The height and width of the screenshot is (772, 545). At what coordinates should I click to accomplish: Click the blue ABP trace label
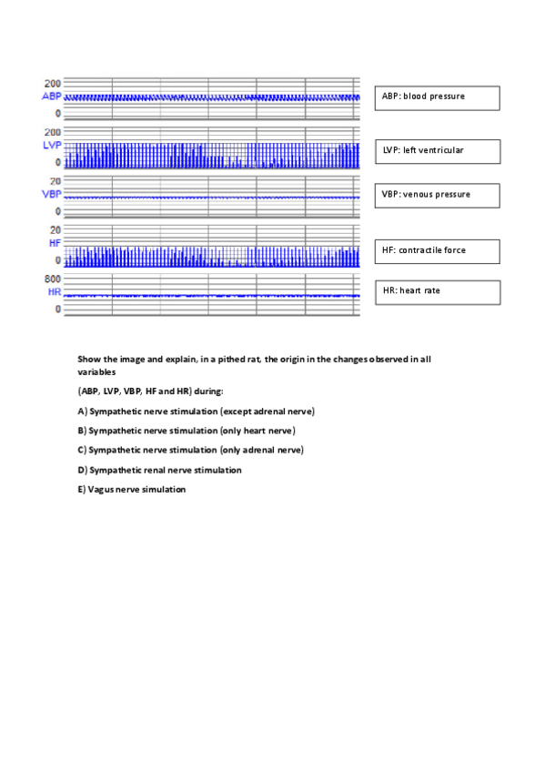pyautogui.click(x=51, y=96)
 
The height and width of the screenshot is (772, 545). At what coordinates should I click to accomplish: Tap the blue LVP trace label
pyautogui.click(x=51, y=146)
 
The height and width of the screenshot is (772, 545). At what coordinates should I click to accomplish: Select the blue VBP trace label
pyautogui.click(x=51, y=195)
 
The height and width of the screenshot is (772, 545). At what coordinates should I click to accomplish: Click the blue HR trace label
pyautogui.click(x=54, y=292)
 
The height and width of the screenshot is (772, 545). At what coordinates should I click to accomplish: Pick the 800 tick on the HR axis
pyautogui.click(x=53, y=279)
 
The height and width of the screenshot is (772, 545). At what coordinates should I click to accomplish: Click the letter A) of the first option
pyautogui.click(x=82, y=411)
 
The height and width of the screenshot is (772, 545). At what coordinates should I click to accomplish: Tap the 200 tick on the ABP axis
pyautogui.click(x=53, y=82)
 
